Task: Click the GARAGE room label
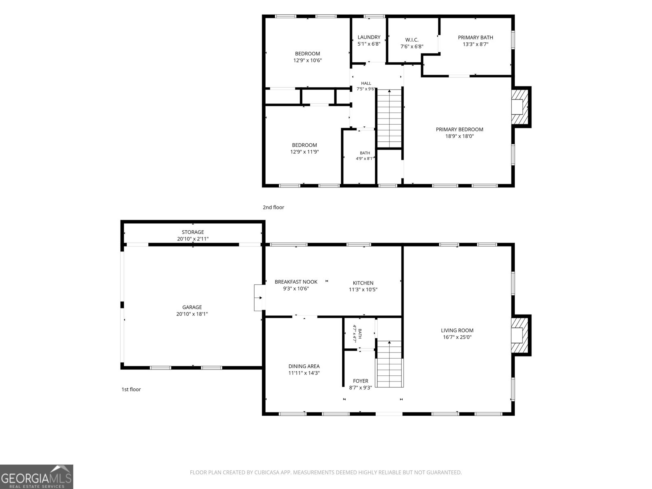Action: (192, 307)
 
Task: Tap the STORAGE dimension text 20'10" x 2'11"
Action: (193, 239)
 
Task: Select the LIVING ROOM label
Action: (457, 330)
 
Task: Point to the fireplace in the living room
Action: (520, 335)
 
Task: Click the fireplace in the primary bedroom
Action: (520, 107)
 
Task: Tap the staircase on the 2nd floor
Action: (389, 118)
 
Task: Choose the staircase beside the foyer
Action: (389, 364)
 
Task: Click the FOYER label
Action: (361, 381)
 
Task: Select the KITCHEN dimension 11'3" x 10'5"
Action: (363, 289)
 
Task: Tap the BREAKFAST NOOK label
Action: (296, 282)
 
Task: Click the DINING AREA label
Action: (304, 366)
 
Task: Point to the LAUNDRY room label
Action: (369, 37)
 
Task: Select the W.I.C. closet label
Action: (412, 40)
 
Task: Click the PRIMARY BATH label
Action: (475, 37)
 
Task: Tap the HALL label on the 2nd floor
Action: (366, 84)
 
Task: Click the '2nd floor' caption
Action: (273, 207)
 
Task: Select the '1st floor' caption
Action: (131, 389)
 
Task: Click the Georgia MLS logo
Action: (37, 476)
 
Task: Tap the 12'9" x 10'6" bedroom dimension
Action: (307, 60)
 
